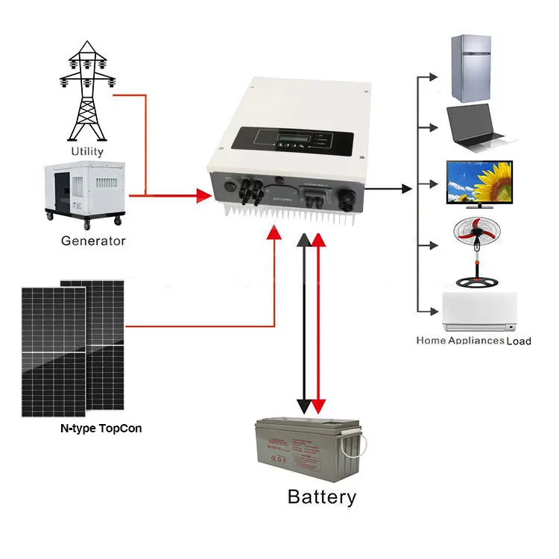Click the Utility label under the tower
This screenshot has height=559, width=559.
coord(87,151)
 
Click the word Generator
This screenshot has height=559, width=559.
coord(93,241)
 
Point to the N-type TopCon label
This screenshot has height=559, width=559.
coord(101,429)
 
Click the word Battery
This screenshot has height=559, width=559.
coord(322,497)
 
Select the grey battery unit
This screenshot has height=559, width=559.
coord(309,448)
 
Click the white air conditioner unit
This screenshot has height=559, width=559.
coord(479,312)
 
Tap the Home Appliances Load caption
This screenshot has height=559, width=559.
coord(473,341)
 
